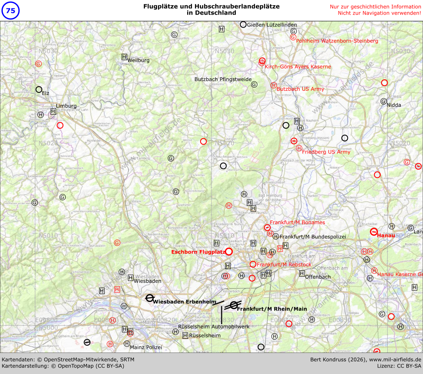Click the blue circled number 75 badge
(11, 11)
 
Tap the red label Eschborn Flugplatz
(198, 252)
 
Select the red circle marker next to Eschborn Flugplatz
(229, 252)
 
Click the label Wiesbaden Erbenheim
(185, 302)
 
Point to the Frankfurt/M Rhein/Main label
(272, 309)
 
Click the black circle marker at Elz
(39, 90)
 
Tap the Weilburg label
(138, 60)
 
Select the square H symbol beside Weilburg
(124, 57)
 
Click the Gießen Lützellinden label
(272, 25)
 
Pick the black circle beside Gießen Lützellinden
(243, 24)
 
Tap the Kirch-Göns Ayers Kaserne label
(298, 67)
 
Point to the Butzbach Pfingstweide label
(223, 79)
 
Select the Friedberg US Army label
(326, 152)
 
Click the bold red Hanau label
(386, 235)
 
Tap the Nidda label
(394, 105)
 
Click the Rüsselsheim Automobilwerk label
(214, 327)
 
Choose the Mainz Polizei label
(146, 347)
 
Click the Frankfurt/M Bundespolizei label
(313, 237)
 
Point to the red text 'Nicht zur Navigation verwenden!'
(379, 13)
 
